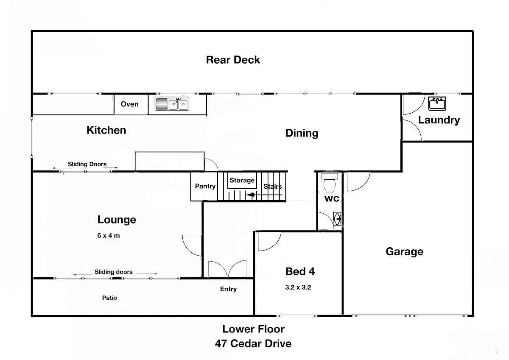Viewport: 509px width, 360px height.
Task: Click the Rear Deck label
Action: (233, 60)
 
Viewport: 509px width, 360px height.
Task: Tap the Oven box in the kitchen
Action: (131, 104)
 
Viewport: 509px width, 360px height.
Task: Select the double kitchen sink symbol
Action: (172, 104)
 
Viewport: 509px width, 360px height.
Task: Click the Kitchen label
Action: (106, 130)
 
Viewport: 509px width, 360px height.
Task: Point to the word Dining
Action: (302, 133)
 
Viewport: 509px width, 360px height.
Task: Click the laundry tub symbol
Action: (437, 103)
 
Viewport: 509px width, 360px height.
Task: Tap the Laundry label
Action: (439, 120)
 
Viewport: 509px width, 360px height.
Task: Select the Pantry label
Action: (205, 186)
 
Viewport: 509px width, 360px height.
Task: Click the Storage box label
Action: (242, 180)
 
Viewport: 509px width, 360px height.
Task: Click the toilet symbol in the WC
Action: (330, 183)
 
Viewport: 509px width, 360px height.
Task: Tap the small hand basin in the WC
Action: (337, 219)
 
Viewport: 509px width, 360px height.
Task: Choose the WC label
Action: (332, 199)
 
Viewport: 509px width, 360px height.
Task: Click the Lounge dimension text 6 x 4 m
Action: (109, 235)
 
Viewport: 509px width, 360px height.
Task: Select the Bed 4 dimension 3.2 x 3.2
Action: (298, 287)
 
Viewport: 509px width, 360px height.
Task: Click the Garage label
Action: (405, 251)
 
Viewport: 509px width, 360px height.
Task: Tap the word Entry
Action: (228, 289)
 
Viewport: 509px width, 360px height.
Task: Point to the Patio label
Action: (109, 298)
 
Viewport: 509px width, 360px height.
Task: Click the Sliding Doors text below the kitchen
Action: (87, 164)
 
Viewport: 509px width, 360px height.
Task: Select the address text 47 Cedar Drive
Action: (253, 343)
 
